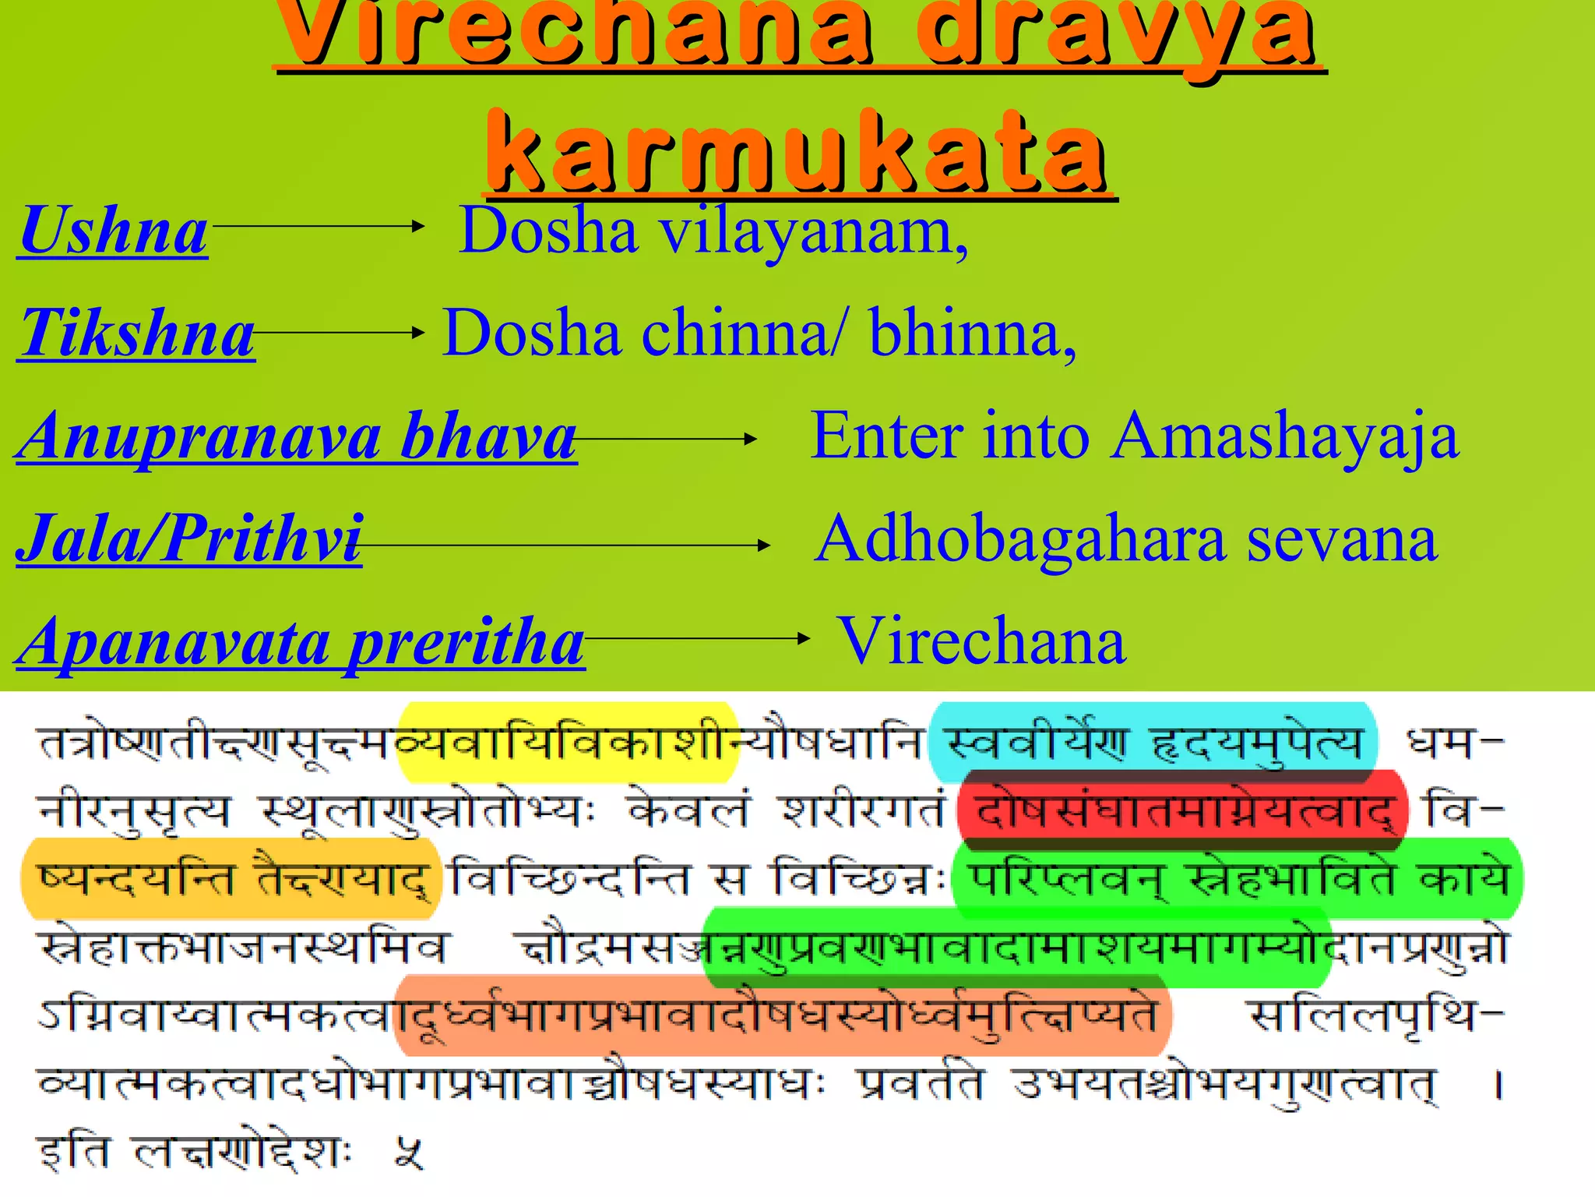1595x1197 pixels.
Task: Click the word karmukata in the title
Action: coord(798,152)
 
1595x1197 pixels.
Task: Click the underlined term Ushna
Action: coord(114,231)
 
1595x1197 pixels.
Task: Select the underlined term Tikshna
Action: coord(137,334)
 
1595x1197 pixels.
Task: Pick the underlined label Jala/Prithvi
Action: coord(189,539)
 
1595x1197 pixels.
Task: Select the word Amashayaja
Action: coord(1285,436)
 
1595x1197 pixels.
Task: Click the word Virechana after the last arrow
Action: coord(981,641)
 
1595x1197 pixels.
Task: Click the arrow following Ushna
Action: coord(318,226)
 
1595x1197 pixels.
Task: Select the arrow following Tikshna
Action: coord(340,332)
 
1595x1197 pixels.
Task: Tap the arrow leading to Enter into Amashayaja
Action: coord(667,439)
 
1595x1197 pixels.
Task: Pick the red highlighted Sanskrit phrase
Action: coord(1182,810)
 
